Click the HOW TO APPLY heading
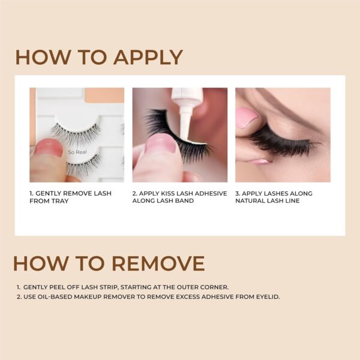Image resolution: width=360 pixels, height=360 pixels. [x=99, y=58]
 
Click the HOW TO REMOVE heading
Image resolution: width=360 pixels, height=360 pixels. [x=109, y=263]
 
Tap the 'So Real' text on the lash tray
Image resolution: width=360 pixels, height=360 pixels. [x=76, y=152]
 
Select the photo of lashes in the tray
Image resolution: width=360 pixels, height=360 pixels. [x=77, y=135]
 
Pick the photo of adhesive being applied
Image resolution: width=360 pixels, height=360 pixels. [x=179, y=135]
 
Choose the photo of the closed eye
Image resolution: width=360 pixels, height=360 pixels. [x=283, y=135]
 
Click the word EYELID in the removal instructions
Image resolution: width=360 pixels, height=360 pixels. [x=266, y=297]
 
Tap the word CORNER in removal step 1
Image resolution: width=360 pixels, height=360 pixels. [x=214, y=287]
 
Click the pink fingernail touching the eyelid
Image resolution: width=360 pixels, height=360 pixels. [x=247, y=118]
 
